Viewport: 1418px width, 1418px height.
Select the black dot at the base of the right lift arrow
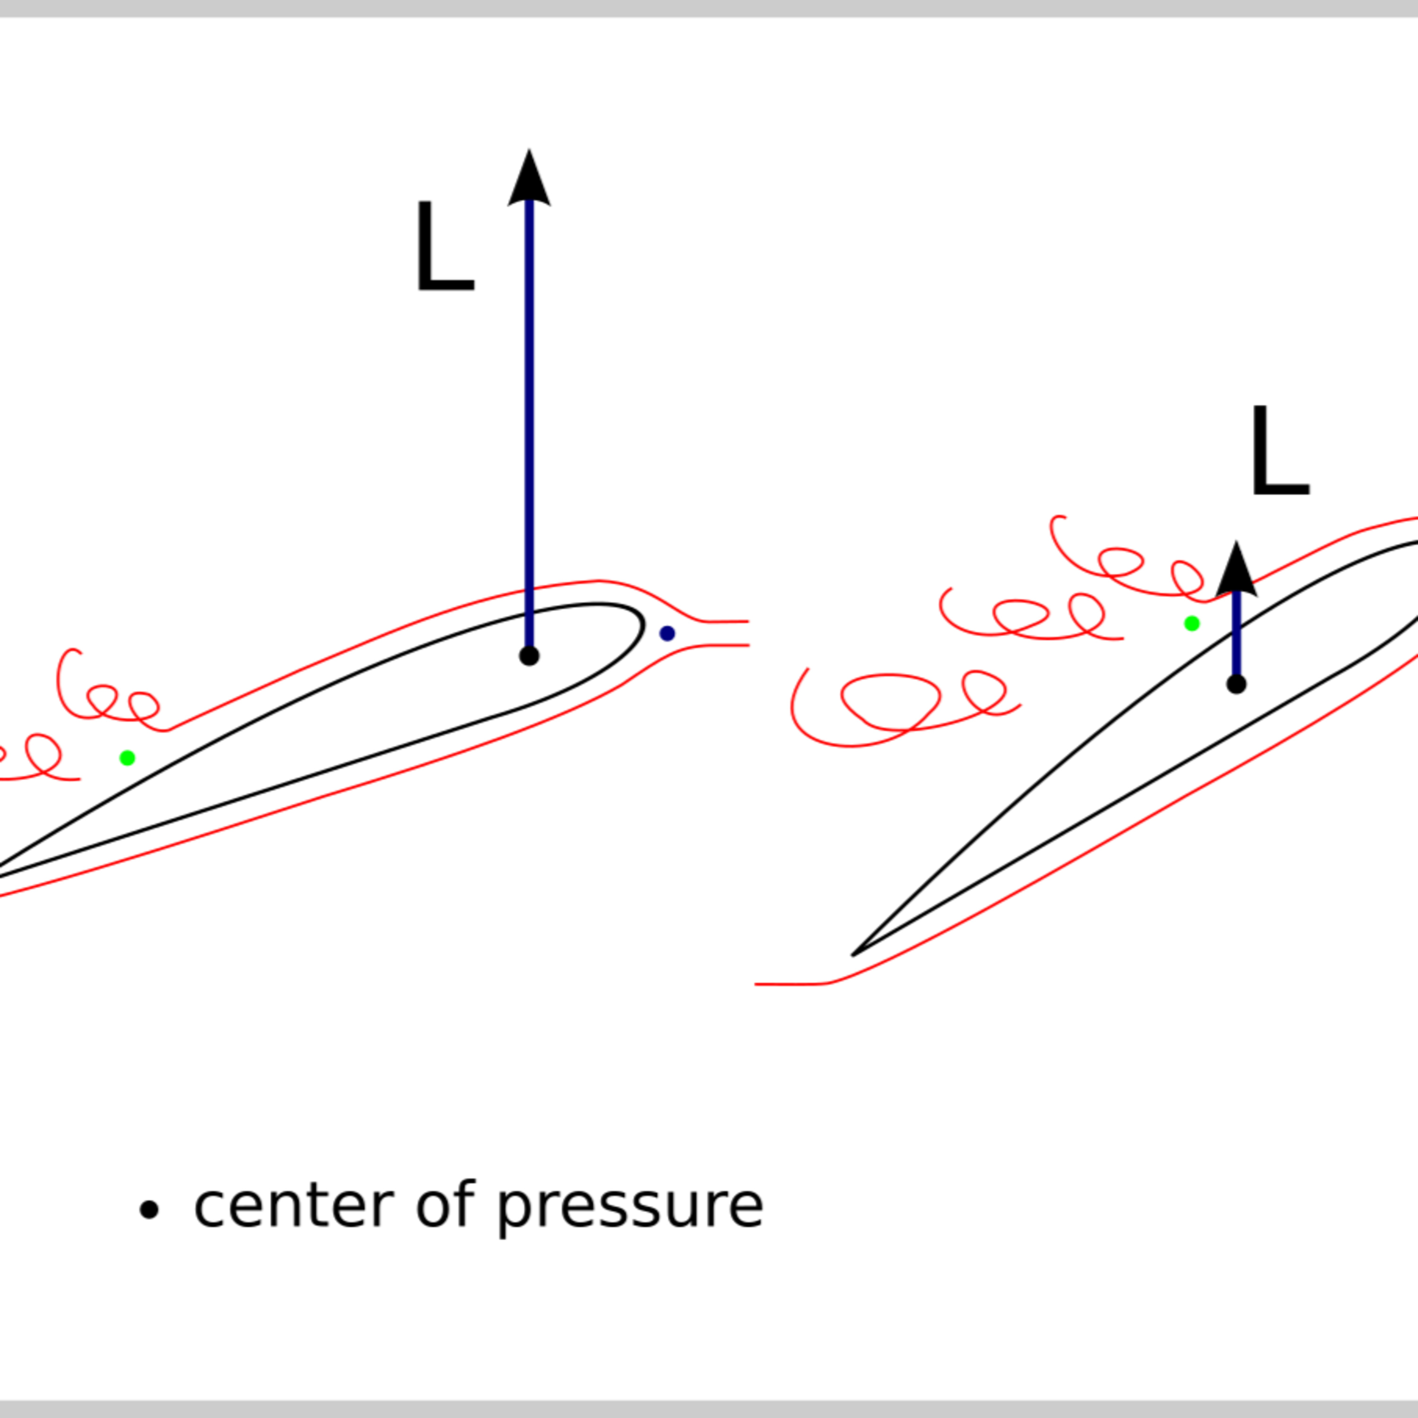[x=1236, y=684]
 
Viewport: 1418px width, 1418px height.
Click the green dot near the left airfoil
[x=127, y=757]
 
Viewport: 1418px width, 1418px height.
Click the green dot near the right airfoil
[x=1192, y=623]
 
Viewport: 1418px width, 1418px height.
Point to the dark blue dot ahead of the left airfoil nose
[x=667, y=633]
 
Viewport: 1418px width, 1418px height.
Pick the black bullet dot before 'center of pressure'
[x=149, y=1210]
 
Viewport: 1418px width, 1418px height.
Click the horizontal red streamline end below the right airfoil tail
[x=778, y=984]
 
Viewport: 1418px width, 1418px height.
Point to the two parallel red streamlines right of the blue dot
[x=723, y=633]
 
